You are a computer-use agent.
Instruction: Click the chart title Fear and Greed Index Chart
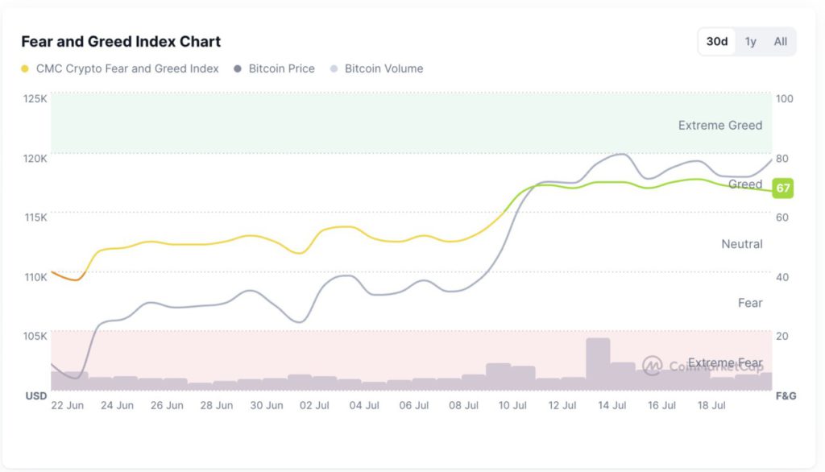121,42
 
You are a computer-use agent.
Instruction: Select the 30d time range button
717,42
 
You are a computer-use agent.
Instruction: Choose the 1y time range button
751,42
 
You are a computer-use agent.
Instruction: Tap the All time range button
780,42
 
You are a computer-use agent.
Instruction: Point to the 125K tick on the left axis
35,98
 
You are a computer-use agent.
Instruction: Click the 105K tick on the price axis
35,336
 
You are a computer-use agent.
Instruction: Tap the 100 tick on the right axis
784,98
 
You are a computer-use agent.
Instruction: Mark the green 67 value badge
782,188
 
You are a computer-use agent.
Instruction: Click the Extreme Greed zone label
719,125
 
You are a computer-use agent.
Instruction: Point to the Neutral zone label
741,243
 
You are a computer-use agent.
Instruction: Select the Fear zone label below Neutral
749,303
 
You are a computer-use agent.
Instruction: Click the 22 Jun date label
68,406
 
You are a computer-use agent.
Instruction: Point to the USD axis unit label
36,395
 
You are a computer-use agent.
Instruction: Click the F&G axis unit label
786,395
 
